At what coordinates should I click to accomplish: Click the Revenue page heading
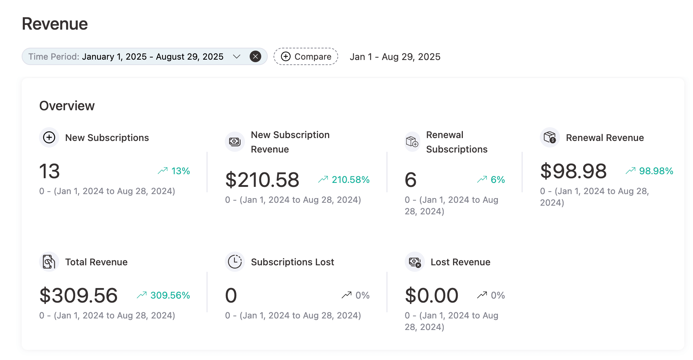click(55, 24)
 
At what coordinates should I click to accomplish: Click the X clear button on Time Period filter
click(255, 56)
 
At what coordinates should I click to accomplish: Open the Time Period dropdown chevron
click(237, 56)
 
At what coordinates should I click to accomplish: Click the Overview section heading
click(67, 106)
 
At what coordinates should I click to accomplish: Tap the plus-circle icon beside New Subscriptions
click(49, 137)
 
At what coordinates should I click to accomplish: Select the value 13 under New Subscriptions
click(49, 171)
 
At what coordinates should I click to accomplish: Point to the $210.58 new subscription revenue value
click(262, 180)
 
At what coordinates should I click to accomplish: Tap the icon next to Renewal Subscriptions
click(412, 142)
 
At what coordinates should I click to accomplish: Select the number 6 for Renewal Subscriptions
click(410, 180)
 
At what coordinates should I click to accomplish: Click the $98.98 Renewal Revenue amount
click(573, 171)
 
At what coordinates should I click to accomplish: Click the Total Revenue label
click(96, 262)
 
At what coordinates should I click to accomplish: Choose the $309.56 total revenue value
click(78, 295)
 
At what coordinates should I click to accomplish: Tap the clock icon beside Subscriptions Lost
click(235, 262)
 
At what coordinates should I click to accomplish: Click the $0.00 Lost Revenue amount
click(431, 295)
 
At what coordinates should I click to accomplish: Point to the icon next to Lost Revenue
click(414, 262)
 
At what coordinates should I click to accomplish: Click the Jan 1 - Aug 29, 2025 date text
click(395, 57)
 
